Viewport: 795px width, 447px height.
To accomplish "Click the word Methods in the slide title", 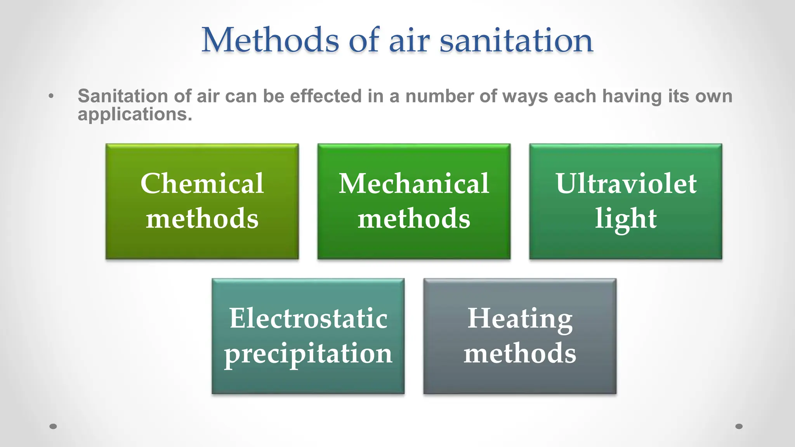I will pos(270,40).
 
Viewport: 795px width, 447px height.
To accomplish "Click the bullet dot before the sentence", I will pos(51,96).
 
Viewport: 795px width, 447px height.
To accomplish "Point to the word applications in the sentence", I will pos(135,114).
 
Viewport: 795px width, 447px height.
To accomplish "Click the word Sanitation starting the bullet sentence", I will pos(123,96).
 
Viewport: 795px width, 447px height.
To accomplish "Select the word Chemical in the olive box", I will pos(202,184).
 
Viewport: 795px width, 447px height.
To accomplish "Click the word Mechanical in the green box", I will pos(414,184).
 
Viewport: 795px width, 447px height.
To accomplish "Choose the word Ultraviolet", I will pos(626,184).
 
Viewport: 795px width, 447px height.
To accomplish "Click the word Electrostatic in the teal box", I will pos(308,318).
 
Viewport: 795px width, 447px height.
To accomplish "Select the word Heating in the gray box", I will pos(520,319).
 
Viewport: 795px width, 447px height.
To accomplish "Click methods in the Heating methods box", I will pos(520,353).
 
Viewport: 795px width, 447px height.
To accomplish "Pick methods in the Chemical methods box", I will pos(202,219).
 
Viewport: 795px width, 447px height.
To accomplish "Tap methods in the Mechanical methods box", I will pos(414,219).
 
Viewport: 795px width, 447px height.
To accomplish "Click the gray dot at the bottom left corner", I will pos(53,426).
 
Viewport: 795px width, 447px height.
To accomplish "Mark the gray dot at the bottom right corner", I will pos(739,426).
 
